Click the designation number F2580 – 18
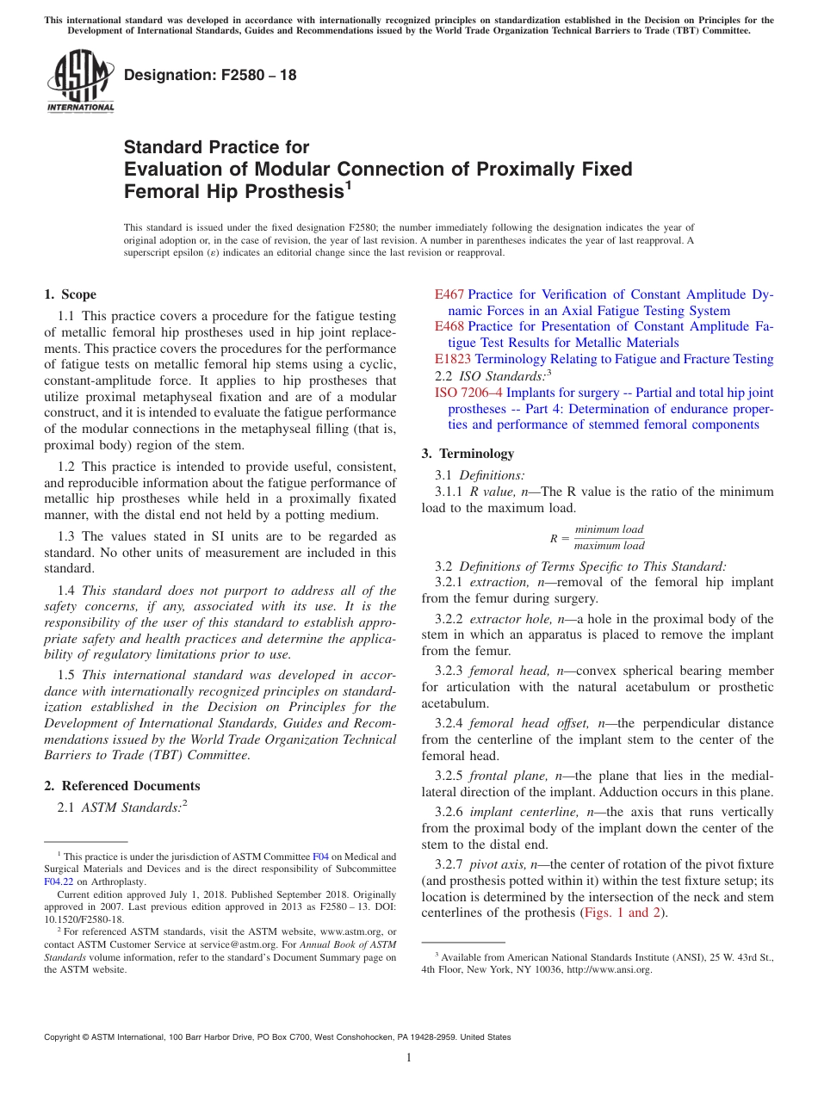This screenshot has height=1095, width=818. coord(210,75)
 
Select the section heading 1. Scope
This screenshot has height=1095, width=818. coord(71,294)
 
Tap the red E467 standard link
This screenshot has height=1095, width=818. coord(449,294)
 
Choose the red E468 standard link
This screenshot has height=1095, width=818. coord(449,326)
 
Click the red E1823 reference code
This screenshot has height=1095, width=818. coord(453,359)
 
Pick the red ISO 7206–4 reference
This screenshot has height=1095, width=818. coord(469,393)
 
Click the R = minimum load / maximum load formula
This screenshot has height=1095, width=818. coord(597,537)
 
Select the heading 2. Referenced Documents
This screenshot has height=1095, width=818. coord(122,785)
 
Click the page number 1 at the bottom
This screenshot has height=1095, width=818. coord(409,1057)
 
